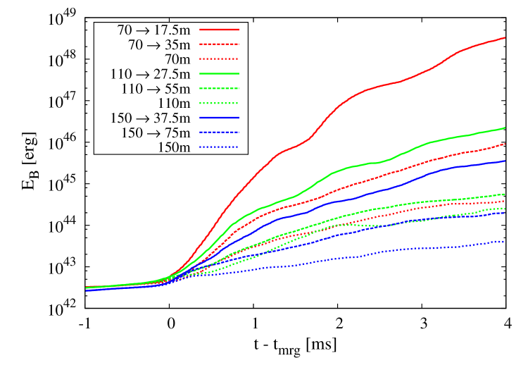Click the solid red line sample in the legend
(219, 30)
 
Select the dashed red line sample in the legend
(219, 44)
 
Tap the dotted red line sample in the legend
(219, 59)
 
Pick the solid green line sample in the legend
(219, 73)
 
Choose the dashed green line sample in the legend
(219, 88)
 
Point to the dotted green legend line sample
(219, 103)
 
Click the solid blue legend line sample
(219, 118)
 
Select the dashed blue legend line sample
(219, 132)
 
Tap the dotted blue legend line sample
(219, 147)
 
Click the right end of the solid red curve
(505, 37)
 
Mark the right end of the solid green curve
(505, 128)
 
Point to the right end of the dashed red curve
(505, 144)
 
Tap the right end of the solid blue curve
(505, 161)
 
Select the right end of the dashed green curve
(505, 194)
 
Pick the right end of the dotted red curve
(505, 201)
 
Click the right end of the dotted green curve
(505, 209)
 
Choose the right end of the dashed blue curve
(505, 212)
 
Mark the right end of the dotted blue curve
(505, 242)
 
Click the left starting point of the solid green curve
(87, 287)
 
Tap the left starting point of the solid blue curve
(87, 290)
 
